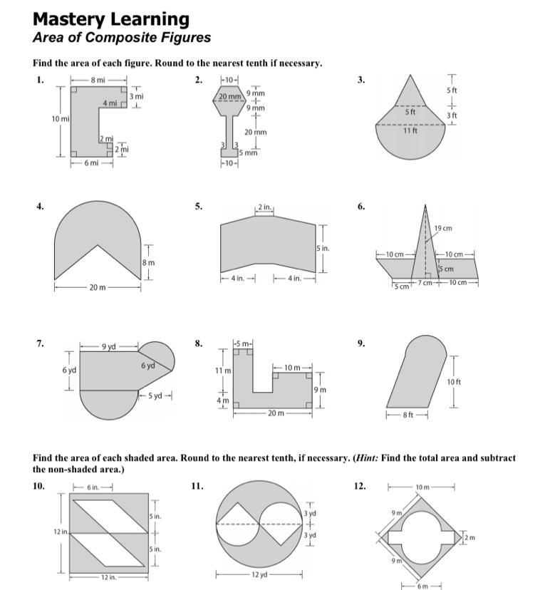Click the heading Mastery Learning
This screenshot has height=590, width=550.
pyautogui.click(x=111, y=19)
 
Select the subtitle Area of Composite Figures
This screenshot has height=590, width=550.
pyautogui.click(x=122, y=37)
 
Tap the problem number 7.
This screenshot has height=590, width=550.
pyautogui.click(x=40, y=343)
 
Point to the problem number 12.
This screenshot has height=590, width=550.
pyautogui.click(x=360, y=486)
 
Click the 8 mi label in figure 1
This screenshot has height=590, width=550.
pyautogui.click(x=98, y=80)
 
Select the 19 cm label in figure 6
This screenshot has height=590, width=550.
pyautogui.click(x=442, y=228)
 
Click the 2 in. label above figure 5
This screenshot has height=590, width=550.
pyautogui.click(x=264, y=207)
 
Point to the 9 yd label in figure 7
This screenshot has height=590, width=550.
pyautogui.click(x=108, y=346)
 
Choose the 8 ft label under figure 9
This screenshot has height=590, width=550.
pyautogui.click(x=407, y=414)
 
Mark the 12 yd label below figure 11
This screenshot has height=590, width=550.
pyautogui.click(x=259, y=574)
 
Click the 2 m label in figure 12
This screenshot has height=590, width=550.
pyautogui.click(x=469, y=536)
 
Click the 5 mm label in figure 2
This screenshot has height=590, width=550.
pyautogui.click(x=249, y=152)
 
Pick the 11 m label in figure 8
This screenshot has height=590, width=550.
pyautogui.click(x=223, y=371)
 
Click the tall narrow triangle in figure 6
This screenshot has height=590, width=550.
pyautogui.click(x=425, y=249)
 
